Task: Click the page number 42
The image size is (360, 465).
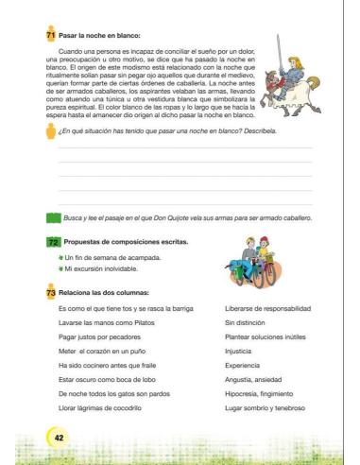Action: tap(59, 438)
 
